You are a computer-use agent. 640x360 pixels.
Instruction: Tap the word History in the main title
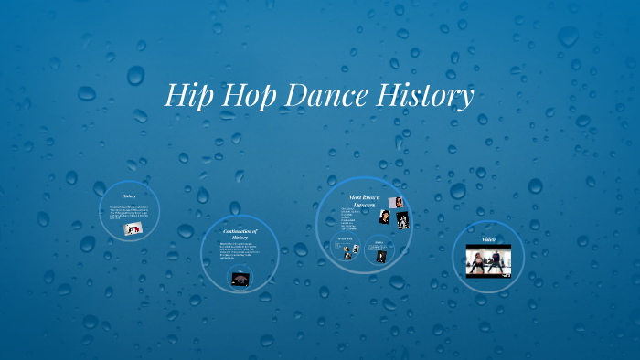pos(425,96)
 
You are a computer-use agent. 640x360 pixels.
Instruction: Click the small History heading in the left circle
pos(129,196)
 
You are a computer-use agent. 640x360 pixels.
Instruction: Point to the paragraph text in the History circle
pos(129,212)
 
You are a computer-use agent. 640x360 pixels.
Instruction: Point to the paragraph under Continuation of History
pos(236,255)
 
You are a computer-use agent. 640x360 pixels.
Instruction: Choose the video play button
pos(489,261)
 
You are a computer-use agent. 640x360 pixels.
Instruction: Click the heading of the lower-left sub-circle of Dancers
pos(345,239)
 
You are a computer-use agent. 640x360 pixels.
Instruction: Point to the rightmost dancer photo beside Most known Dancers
pos(402,220)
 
